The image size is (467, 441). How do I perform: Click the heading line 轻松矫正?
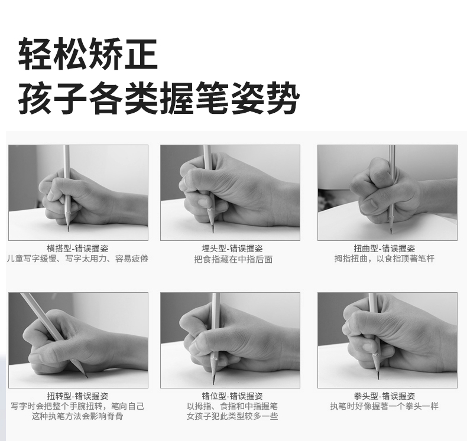click(x=88, y=54)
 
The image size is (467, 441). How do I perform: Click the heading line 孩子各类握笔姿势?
click(x=158, y=98)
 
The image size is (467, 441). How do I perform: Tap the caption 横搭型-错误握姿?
click(x=77, y=249)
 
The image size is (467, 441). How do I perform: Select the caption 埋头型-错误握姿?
click(x=232, y=249)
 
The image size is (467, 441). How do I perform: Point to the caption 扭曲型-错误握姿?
click(x=384, y=249)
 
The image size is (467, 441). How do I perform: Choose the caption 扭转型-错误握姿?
click(x=77, y=396)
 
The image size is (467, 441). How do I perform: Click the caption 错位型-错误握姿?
click(x=232, y=396)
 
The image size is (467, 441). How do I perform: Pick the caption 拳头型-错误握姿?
click(x=384, y=396)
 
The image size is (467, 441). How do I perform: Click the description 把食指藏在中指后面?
click(x=233, y=259)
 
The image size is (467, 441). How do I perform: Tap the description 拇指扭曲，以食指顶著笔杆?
click(x=384, y=259)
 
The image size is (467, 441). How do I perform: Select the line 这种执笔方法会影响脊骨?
click(x=77, y=416)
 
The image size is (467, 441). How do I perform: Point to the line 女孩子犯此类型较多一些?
click(x=232, y=416)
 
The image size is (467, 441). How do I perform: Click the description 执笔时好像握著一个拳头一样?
click(x=384, y=406)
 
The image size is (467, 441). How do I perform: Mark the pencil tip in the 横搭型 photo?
click(x=68, y=231)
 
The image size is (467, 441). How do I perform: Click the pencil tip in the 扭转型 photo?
click(x=87, y=377)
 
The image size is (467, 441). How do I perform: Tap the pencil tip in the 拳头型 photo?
click(x=378, y=378)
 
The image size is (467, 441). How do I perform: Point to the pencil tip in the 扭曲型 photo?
click(x=391, y=233)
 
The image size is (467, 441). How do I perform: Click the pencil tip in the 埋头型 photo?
click(x=213, y=232)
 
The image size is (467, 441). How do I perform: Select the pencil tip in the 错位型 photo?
click(x=213, y=382)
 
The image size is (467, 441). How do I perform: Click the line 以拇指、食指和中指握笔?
click(x=232, y=406)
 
